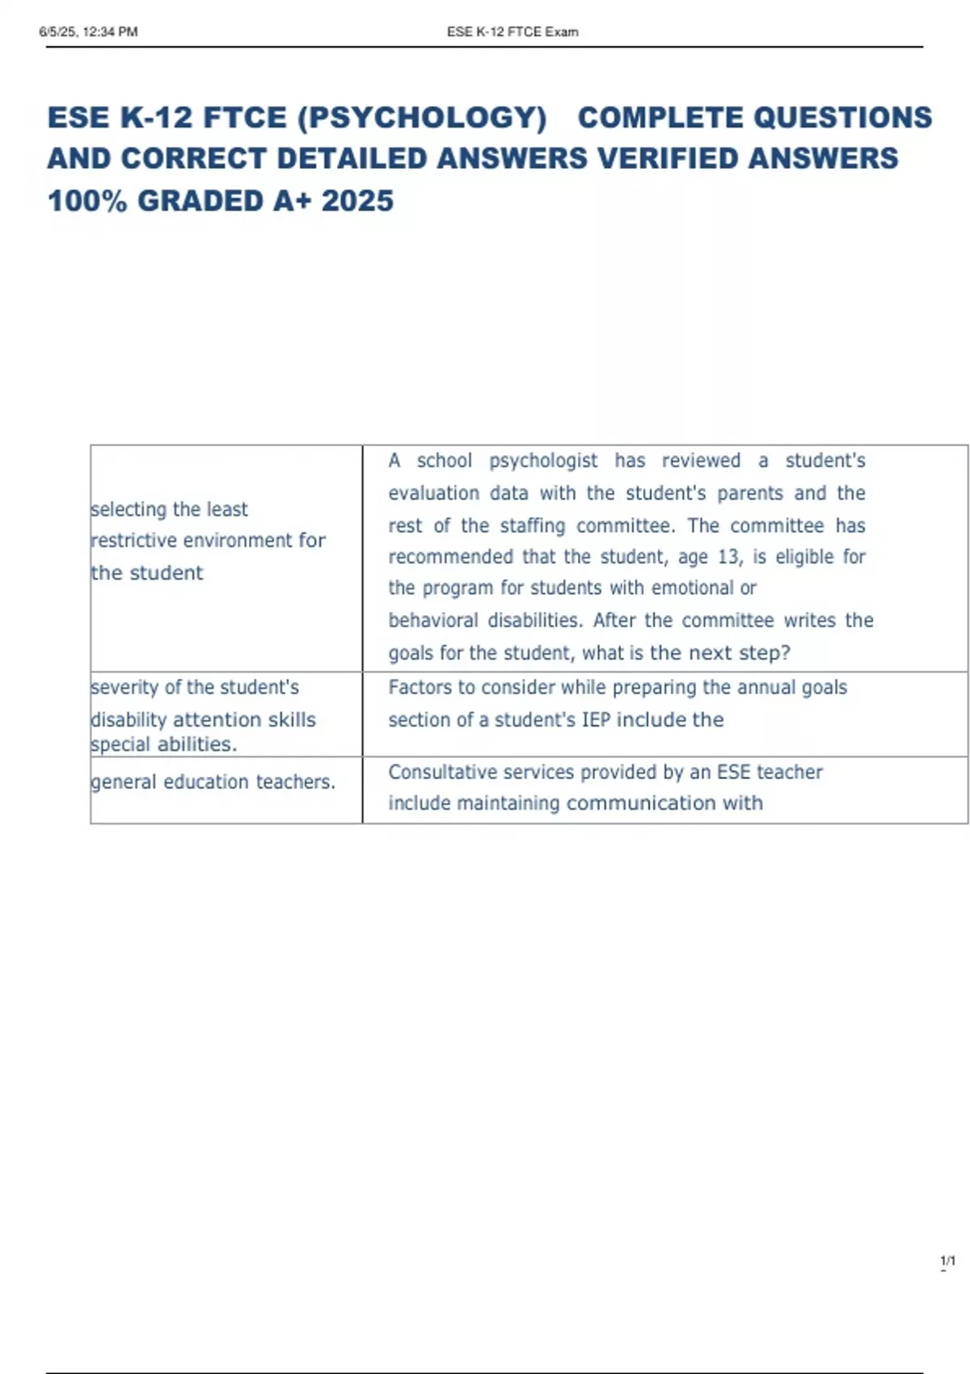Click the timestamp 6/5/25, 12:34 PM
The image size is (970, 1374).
point(88,32)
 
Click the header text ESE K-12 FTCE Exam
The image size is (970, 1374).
point(512,32)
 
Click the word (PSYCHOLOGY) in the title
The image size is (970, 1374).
point(422,118)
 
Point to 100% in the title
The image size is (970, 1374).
point(87,200)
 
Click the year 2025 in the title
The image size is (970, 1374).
point(357,200)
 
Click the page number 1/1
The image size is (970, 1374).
point(947,1261)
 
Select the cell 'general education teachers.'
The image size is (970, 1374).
point(213,782)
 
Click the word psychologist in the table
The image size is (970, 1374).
point(543,461)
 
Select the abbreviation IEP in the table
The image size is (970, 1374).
point(597,719)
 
